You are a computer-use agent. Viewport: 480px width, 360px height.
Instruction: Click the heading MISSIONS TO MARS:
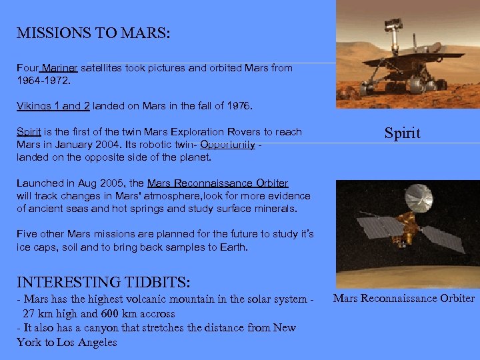pyautogui.click(x=93, y=33)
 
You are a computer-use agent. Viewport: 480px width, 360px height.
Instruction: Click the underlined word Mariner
pyautogui.click(x=61, y=68)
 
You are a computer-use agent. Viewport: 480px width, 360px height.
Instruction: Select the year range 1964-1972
pyautogui.click(x=41, y=80)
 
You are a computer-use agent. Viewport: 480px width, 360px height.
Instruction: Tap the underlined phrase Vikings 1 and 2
pyautogui.click(x=53, y=105)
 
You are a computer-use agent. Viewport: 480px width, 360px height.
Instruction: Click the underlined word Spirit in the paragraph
pyautogui.click(x=29, y=132)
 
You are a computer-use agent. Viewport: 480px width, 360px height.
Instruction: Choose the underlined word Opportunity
pyautogui.click(x=227, y=145)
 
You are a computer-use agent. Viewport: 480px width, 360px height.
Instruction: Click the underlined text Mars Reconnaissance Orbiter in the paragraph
pyautogui.click(x=217, y=183)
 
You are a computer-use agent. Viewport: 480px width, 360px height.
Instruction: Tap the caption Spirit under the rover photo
pyautogui.click(x=402, y=133)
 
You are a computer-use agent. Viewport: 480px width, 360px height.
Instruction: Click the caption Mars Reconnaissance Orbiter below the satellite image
pyautogui.click(x=404, y=298)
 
